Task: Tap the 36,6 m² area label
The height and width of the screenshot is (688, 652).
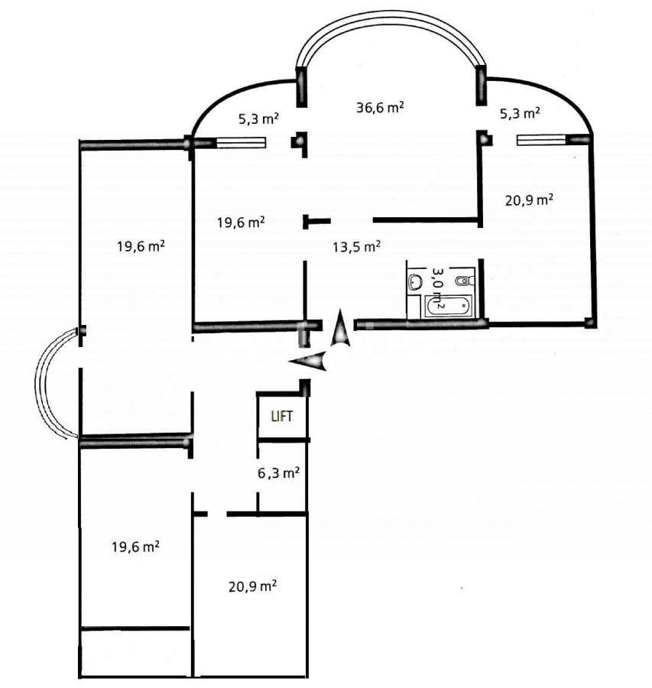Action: (380, 108)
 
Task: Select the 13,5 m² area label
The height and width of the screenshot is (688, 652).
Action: (356, 246)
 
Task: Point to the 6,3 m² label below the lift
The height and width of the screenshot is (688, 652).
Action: (278, 473)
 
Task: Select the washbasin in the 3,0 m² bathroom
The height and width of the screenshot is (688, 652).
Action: (415, 282)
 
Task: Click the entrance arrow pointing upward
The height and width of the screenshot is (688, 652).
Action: (340, 331)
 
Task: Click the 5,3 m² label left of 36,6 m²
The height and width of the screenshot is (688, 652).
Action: (258, 118)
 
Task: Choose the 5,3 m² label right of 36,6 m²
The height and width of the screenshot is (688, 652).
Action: (521, 113)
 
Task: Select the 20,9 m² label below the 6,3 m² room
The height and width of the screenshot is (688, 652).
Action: (252, 587)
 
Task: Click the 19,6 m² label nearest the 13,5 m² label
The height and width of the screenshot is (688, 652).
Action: (241, 222)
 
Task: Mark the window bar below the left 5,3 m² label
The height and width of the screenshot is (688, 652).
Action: (241, 142)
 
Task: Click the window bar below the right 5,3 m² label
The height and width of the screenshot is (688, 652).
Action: (541, 139)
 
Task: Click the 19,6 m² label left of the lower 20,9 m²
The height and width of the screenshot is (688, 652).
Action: (135, 547)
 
